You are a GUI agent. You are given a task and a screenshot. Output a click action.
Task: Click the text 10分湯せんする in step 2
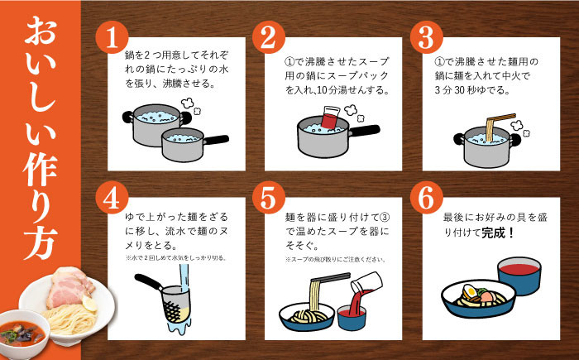click(x=356, y=90)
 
